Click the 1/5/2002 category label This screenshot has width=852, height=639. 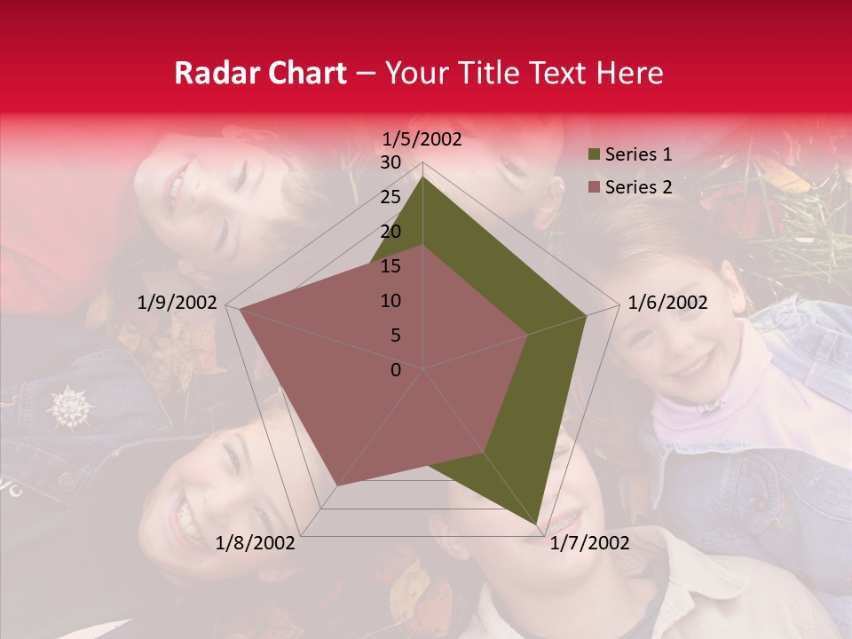coord(422,138)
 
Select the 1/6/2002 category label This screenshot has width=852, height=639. coord(667,303)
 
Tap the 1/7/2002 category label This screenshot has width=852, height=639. coord(589,542)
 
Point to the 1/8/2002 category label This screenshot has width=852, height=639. coord(256,542)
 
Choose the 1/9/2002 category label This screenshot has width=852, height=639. coord(177,303)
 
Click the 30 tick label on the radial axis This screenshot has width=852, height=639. coord(390,162)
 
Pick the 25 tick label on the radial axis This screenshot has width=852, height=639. coord(390,197)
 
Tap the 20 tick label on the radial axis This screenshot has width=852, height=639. coord(390,232)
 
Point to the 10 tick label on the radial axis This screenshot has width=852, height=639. coord(390,301)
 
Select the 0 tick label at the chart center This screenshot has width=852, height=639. coord(396,370)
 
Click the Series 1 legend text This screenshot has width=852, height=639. coord(638,154)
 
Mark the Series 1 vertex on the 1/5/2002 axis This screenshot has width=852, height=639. coord(423,177)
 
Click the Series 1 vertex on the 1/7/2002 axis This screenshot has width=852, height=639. coord(536,524)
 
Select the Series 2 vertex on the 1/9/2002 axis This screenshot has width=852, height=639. coord(240,310)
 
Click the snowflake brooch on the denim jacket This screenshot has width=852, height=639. coord(70,407)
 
